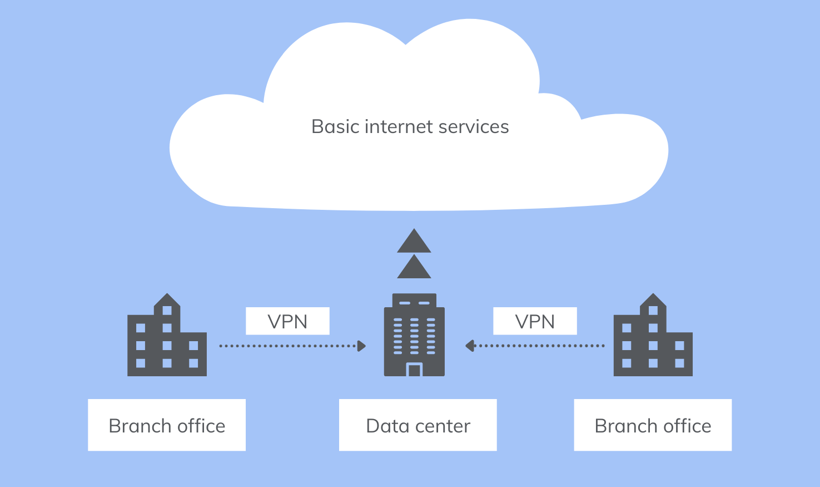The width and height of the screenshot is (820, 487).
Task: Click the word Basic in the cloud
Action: (x=335, y=127)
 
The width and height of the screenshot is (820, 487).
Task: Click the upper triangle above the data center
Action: (x=414, y=242)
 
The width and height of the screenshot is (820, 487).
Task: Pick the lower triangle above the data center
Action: (x=414, y=268)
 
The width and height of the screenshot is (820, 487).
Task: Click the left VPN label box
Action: (x=287, y=321)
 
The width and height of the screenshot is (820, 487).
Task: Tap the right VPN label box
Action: (x=535, y=321)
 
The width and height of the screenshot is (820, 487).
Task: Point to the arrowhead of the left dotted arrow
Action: (x=362, y=346)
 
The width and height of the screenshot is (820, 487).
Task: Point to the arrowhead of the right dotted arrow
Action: (x=469, y=346)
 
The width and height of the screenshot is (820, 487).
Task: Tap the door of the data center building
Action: (x=414, y=370)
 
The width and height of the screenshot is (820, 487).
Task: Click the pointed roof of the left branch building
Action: (x=167, y=300)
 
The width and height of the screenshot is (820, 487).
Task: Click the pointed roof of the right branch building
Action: (x=653, y=300)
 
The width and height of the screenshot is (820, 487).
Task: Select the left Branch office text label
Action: (x=167, y=426)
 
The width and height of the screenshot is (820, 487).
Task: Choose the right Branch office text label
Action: (x=653, y=426)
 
